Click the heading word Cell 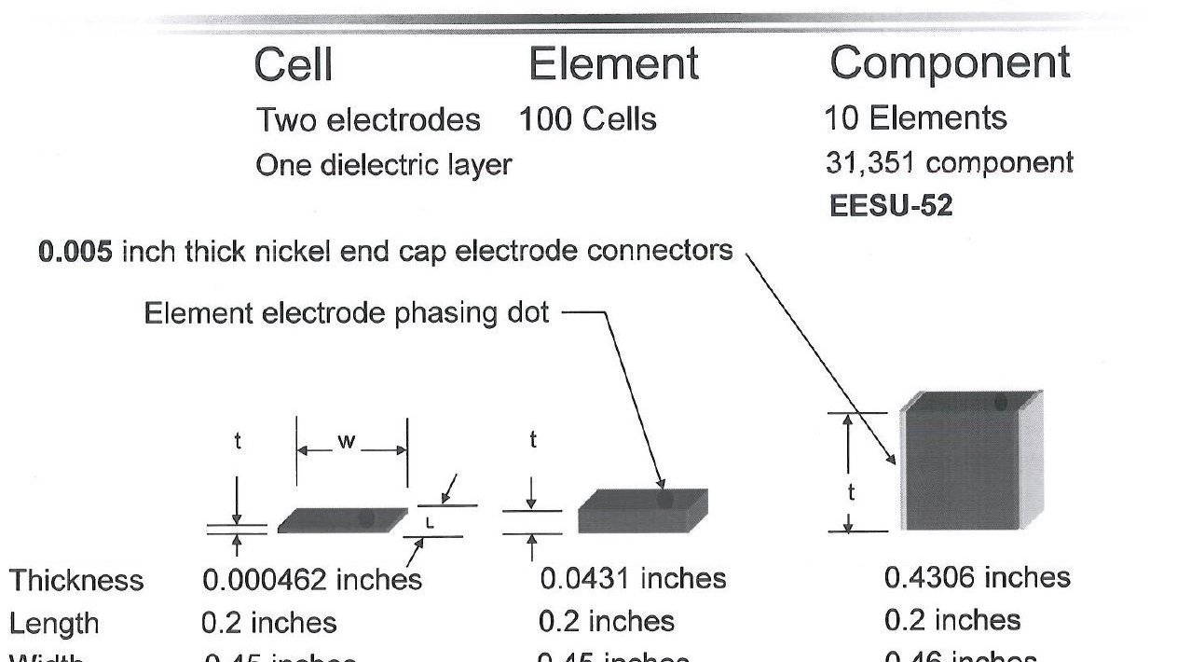click(293, 64)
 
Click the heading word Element click(613, 64)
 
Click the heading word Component click(950, 63)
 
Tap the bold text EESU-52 click(890, 206)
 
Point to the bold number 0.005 click(75, 251)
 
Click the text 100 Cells click(587, 119)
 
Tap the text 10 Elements click(914, 118)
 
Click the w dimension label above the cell click(347, 442)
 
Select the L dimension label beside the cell click(430, 523)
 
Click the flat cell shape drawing click(342, 520)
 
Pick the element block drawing click(642, 512)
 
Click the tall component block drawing click(969, 462)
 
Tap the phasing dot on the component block click(1000, 403)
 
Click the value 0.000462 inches click(311, 580)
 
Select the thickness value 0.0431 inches click(632, 579)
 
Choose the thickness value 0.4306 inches click(977, 578)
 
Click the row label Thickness click(76, 581)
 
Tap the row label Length click(54, 623)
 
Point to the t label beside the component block click(851, 492)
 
